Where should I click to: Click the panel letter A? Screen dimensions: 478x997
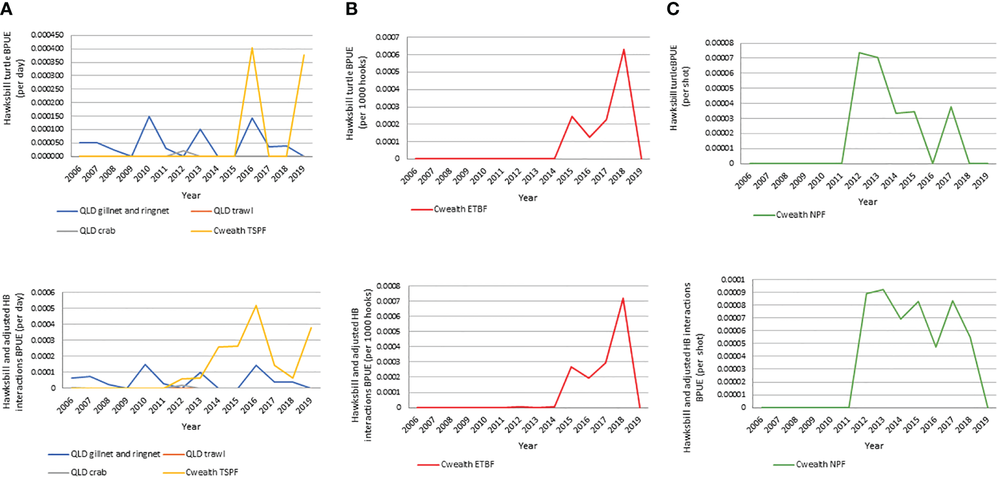pos(6,9)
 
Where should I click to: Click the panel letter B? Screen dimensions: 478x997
pos(351,9)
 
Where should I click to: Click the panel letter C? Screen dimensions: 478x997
pos(673,9)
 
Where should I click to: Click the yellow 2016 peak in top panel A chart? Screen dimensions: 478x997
pos(252,48)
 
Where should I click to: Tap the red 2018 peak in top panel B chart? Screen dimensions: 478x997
pos(624,49)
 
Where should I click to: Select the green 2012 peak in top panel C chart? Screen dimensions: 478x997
pos(859,52)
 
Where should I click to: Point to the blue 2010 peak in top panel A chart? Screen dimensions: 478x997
pos(149,116)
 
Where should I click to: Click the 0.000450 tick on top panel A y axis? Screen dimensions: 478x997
pos(47,35)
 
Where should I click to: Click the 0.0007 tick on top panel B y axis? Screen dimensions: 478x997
pos(388,37)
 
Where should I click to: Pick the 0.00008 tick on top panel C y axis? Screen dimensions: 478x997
pos(719,43)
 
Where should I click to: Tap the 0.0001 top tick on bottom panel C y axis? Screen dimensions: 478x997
pos(733,279)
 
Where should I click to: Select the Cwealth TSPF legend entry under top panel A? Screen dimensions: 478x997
pos(240,230)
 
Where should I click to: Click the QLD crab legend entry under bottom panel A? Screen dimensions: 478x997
pos(88,472)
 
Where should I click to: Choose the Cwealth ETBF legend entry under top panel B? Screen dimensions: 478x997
pos(461,209)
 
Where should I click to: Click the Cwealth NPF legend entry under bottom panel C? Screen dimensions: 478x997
pos(820,464)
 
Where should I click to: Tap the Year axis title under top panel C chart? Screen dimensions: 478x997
pos(867,201)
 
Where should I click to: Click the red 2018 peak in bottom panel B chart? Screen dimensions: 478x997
pos(623,299)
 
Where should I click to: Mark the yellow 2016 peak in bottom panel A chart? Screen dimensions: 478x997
pos(256,306)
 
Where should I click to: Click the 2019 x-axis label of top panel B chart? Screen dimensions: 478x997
pos(635,177)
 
